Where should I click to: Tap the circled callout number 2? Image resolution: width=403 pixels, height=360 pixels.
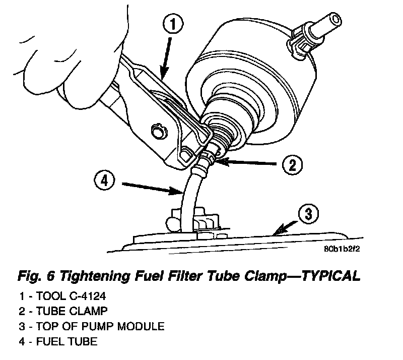pyautogui.click(x=291, y=163)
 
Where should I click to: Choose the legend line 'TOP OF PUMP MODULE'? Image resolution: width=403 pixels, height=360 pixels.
pyautogui.click(x=96, y=326)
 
